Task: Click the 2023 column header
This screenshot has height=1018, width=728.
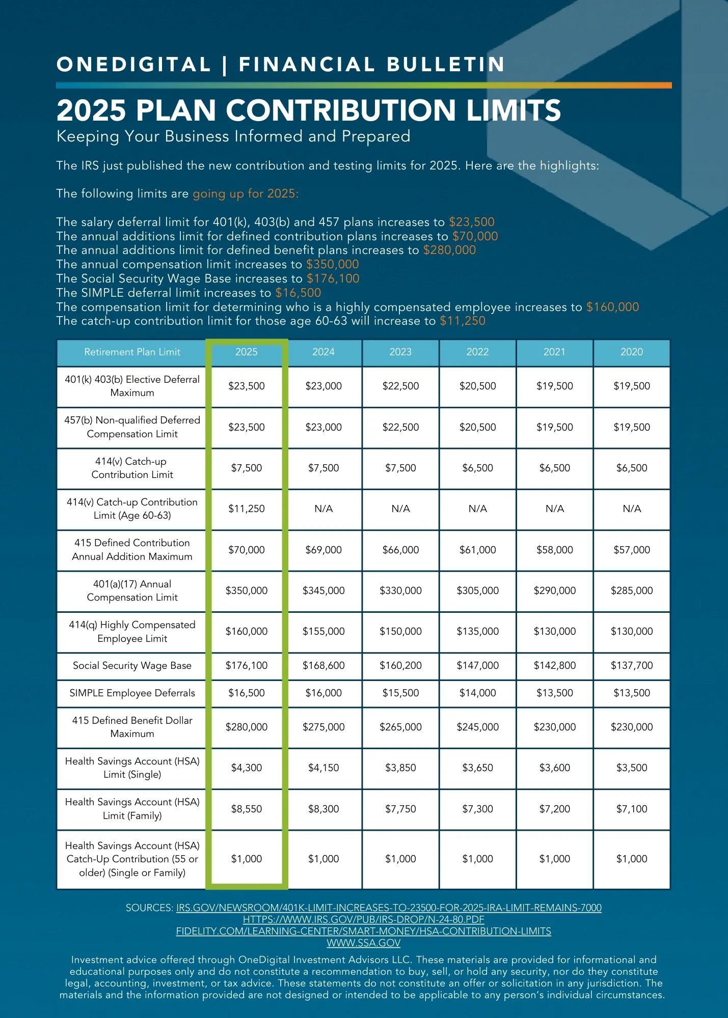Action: pyautogui.click(x=400, y=352)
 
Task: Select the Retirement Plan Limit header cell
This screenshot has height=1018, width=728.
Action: pyautogui.click(x=132, y=352)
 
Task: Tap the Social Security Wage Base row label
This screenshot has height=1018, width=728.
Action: pyautogui.click(x=132, y=665)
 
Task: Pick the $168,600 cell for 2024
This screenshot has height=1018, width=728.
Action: pyautogui.click(x=323, y=665)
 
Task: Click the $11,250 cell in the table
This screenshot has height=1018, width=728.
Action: pyautogui.click(x=247, y=508)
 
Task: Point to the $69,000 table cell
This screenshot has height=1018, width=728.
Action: pyautogui.click(x=323, y=550)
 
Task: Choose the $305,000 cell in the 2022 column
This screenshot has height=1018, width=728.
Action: pyautogui.click(x=477, y=590)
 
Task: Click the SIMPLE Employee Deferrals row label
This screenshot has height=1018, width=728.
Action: pyautogui.click(x=132, y=693)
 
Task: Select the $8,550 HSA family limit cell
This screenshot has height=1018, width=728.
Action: pyautogui.click(x=247, y=809)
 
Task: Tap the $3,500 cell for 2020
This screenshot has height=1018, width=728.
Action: pyautogui.click(x=632, y=768)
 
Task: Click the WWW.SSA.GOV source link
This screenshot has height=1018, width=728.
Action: pyautogui.click(x=363, y=943)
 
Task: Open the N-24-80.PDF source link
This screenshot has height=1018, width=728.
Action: pyautogui.click(x=363, y=919)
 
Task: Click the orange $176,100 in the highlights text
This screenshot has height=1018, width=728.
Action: pyautogui.click(x=333, y=278)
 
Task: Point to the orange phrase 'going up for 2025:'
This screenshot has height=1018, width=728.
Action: pyautogui.click(x=246, y=194)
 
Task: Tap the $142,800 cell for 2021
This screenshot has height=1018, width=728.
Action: pyautogui.click(x=555, y=665)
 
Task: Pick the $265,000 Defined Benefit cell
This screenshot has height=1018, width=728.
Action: pyautogui.click(x=400, y=727)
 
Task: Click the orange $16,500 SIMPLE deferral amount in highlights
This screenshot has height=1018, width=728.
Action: pyautogui.click(x=298, y=293)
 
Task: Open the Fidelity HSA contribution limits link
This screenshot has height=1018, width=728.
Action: pyautogui.click(x=363, y=931)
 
